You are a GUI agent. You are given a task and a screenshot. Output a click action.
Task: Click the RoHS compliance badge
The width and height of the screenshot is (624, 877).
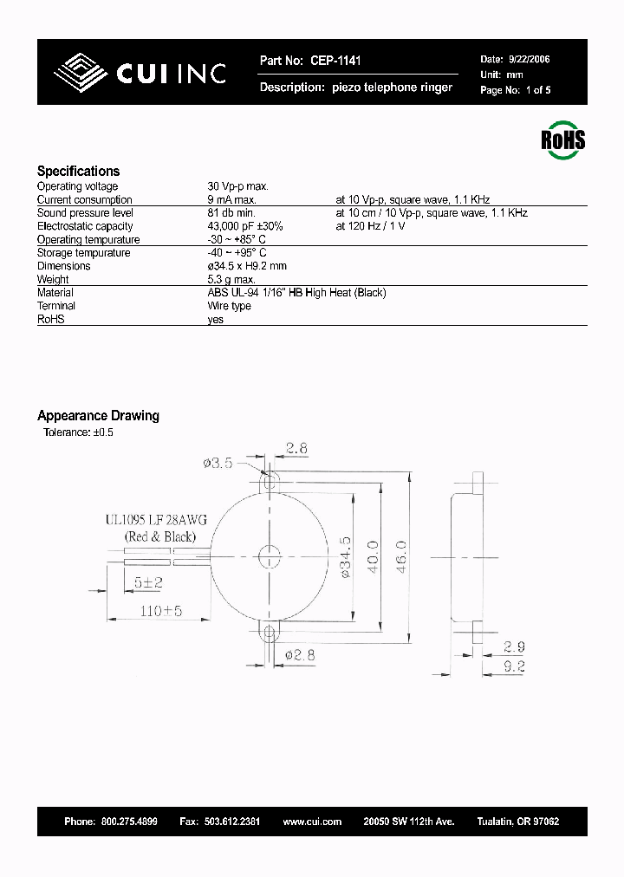point(563,140)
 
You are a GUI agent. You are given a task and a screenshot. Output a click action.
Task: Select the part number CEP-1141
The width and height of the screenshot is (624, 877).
point(335,61)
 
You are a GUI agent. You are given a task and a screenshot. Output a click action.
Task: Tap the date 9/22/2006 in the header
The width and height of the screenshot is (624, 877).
point(528,60)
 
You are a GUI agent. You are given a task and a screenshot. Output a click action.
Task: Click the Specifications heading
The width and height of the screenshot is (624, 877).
point(78,172)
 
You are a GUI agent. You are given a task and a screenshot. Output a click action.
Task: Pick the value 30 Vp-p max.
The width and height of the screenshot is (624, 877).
point(238,186)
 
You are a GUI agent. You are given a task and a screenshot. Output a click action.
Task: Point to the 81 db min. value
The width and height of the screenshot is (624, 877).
point(231,213)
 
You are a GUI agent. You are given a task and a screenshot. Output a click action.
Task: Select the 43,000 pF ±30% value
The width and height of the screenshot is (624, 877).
point(245,226)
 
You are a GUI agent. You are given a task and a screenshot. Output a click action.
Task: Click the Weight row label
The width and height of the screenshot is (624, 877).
point(53,280)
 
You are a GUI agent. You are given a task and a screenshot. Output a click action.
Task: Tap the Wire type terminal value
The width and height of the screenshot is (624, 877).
point(230,306)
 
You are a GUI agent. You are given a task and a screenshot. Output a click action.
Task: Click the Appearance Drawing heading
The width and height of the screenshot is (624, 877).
point(98,416)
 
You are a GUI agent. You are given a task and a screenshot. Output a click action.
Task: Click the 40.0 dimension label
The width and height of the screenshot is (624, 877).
point(374,555)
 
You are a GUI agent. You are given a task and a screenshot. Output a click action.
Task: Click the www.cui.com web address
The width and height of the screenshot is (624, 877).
point(312,822)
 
